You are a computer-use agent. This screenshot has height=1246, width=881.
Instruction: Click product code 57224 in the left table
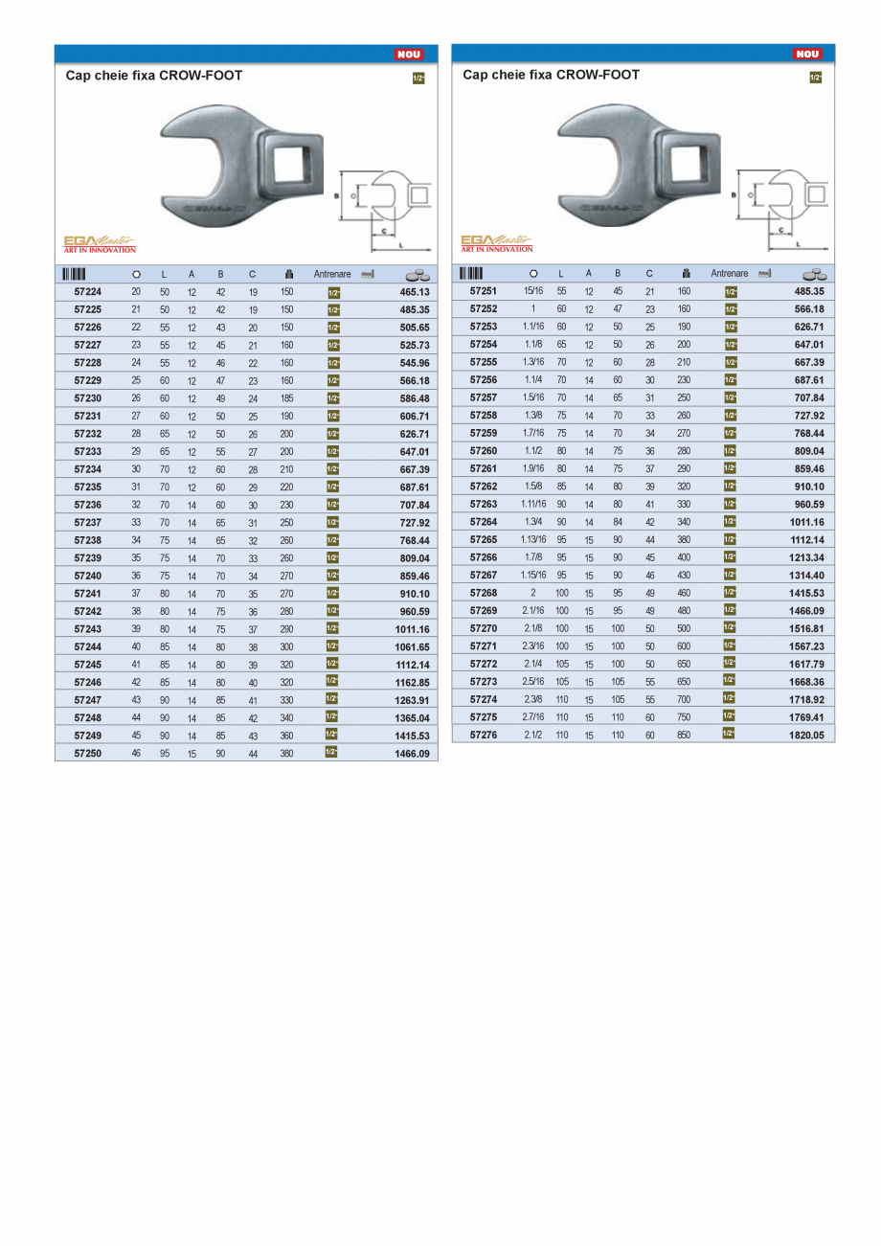pyautogui.click(x=88, y=292)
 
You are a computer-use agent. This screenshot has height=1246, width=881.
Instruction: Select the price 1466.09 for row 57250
pyautogui.click(x=414, y=754)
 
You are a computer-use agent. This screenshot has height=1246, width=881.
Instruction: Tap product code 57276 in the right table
pyautogui.click(x=484, y=735)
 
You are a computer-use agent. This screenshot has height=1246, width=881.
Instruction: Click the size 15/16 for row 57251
pyautogui.click(x=533, y=291)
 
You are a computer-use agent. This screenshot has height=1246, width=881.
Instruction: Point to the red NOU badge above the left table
pyautogui.click(x=409, y=55)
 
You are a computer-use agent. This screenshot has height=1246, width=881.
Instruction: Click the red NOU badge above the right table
pyautogui.click(x=807, y=55)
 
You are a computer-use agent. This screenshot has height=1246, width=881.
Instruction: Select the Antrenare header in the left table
pyautogui.click(x=332, y=274)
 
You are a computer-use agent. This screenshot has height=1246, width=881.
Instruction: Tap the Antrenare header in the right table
pyautogui.click(x=730, y=274)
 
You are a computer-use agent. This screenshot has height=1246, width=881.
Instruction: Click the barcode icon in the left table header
pyautogui.click(x=75, y=274)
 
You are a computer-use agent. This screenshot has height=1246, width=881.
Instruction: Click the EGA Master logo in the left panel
pyautogui.click(x=100, y=244)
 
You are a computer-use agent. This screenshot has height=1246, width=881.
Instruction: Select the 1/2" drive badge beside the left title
pyautogui.click(x=418, y=79)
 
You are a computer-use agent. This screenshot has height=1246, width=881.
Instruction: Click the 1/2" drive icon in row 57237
pyautogui.click(x=333, y=523)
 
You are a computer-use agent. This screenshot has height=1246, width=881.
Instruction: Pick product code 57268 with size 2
pyautogui.click(x=484, y=593)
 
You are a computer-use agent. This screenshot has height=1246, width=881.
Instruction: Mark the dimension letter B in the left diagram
pyautogui.click(x=336, y=194)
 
